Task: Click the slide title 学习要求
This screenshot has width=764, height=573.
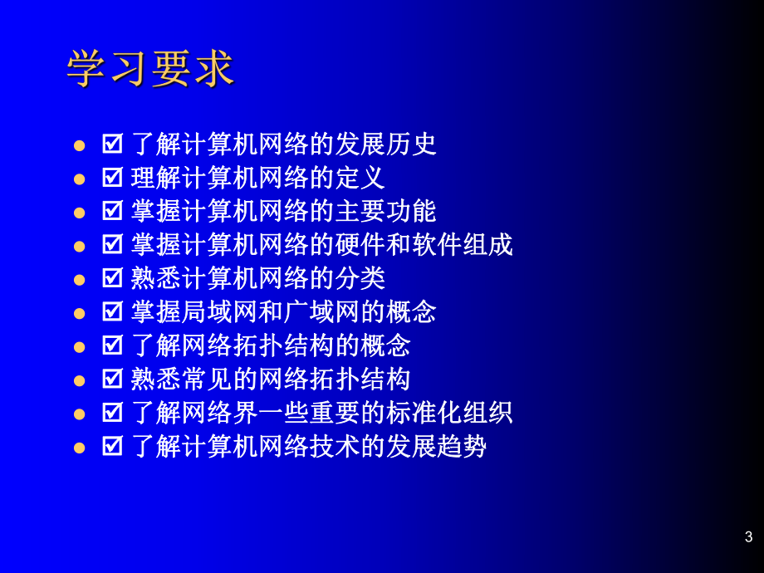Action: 150,70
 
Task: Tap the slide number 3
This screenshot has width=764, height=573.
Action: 748,536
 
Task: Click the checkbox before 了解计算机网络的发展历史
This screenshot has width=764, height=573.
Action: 112,144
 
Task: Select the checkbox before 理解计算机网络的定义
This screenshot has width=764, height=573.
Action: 112,178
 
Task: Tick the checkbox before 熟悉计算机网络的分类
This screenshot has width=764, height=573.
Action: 112,278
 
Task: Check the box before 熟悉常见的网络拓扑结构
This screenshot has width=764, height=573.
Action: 112,380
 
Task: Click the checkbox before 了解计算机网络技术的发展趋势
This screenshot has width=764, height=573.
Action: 112,447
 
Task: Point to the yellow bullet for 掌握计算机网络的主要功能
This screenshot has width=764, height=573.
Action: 80,212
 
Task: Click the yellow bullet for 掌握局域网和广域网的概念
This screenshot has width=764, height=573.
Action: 80,313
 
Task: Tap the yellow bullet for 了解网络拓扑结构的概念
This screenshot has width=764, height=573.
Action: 80,346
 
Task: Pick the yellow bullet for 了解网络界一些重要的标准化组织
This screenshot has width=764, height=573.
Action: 80,414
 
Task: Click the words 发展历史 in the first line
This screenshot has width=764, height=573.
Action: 385,144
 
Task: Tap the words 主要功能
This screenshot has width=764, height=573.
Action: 385,212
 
